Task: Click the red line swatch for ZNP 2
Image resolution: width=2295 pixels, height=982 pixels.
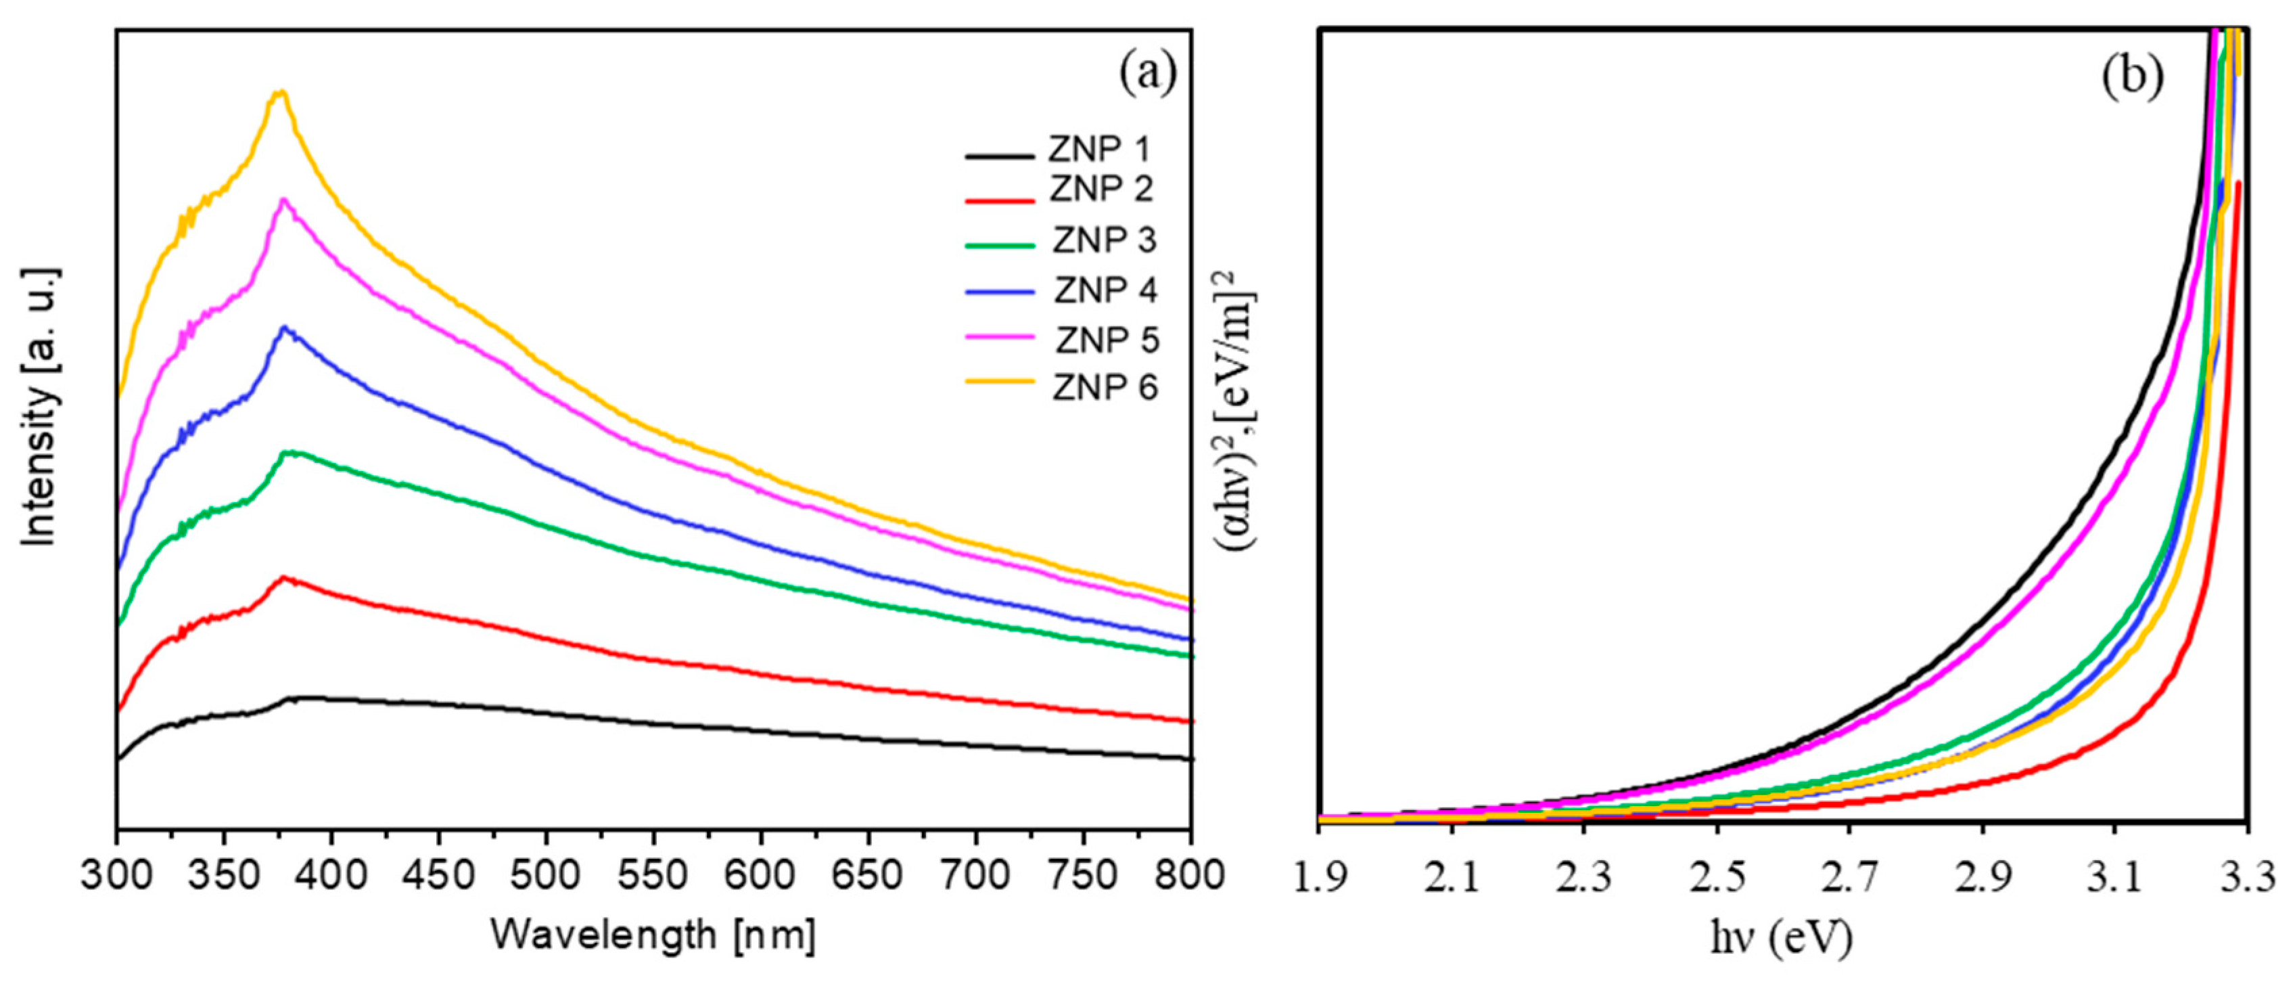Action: click(x=1000, y=200)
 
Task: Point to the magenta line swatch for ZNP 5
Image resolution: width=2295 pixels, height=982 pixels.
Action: click(x=1000, y=337)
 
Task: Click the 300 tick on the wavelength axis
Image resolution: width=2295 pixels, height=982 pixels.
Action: click(x=117, y=875)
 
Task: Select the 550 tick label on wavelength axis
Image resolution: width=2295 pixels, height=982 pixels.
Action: click(x=654, y=875)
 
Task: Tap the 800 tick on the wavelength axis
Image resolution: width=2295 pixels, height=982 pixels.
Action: click(x=1191, y=875)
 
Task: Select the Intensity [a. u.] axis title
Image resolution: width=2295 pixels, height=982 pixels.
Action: click(x=40, y=405)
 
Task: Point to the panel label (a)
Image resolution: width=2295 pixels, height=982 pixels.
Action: click(x=1147, y=73)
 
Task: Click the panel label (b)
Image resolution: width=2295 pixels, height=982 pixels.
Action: click(x=2133, y=78)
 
